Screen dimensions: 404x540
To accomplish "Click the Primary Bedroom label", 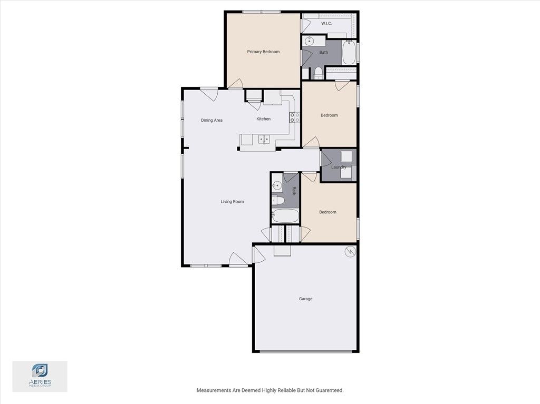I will [263, 52].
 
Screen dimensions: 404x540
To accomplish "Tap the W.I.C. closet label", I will [326, 24].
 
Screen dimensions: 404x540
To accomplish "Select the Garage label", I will [306, 299].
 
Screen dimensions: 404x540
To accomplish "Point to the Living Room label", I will [232, 201].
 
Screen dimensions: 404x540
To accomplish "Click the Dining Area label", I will [211, 120].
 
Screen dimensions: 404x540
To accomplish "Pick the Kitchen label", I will [264, 119].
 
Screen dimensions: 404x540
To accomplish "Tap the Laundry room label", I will [339, 167].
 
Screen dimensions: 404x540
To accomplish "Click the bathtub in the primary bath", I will [349, 53].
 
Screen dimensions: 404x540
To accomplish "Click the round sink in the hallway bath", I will [277, 185].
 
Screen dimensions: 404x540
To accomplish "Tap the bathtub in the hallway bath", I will [285, 216].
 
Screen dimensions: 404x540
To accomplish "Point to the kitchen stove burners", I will [294, 117].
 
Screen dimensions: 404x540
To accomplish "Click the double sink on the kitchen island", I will [264, 140].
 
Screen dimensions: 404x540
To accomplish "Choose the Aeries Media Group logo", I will [40, 376].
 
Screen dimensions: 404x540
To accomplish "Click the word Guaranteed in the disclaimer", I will [327, 390].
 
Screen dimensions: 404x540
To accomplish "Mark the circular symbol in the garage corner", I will [350, 252].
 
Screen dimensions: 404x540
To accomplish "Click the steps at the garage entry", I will [282, 250].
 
